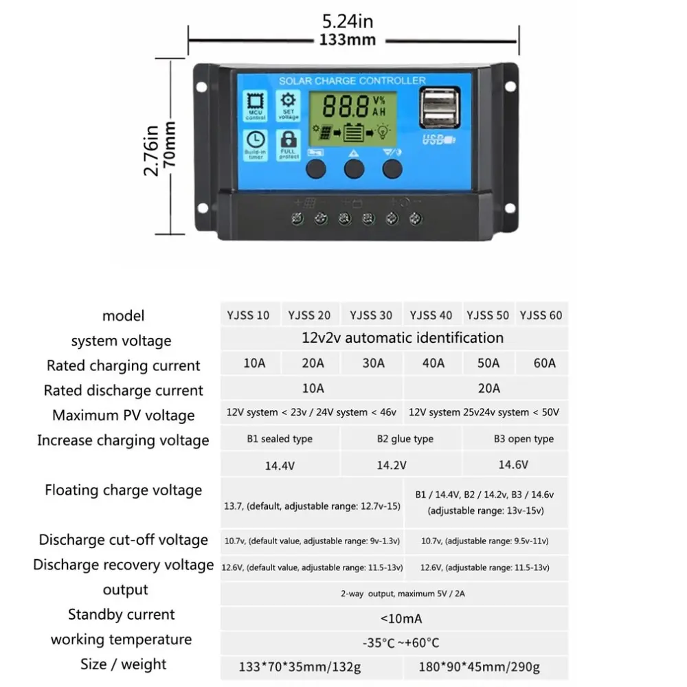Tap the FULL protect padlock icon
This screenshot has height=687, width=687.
pos(289,144)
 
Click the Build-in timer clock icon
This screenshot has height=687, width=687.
pos(256,144)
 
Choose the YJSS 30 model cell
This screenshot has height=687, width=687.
pos(371,315)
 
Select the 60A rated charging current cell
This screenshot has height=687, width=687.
pos(544,363)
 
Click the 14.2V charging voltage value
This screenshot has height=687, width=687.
pos(392,465)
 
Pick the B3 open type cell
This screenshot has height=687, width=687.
pos(523,439)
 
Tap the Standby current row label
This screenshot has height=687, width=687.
pos(122,614)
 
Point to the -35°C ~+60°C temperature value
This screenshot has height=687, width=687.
pos(401,643)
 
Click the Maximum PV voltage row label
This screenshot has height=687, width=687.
pos(124,415)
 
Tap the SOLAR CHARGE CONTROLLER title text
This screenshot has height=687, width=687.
pos(352,81)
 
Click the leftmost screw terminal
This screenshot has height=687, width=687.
pos(298,219)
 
